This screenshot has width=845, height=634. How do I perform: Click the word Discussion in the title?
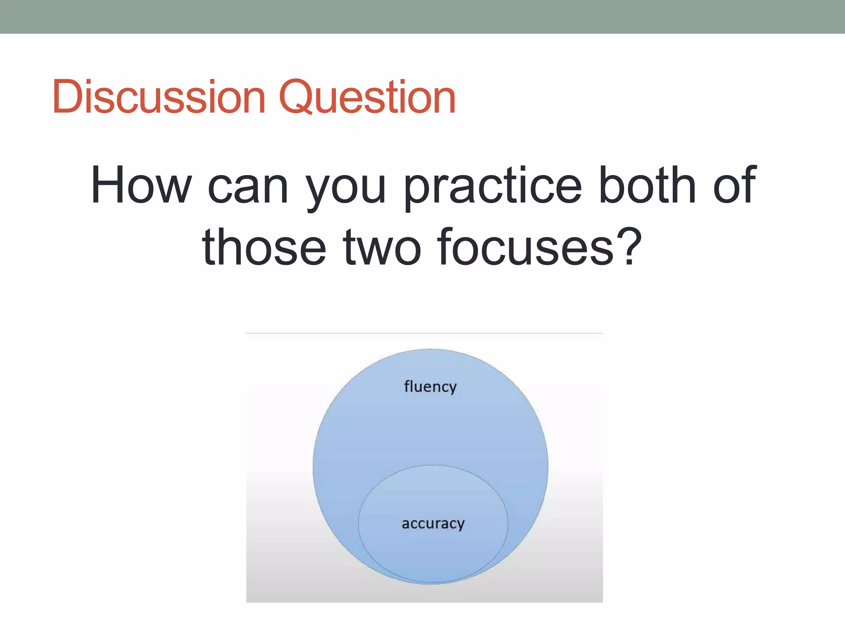click(158, 97)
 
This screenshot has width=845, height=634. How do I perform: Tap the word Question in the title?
click(367, 97)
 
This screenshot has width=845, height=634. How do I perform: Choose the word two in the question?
click(382, 248)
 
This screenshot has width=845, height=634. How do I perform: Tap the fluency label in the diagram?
click(430, 387)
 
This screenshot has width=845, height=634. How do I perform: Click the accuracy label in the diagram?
click(433, 524)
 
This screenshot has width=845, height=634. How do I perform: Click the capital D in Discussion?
click(68, 97)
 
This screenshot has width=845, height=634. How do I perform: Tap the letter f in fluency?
click(407, 386)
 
